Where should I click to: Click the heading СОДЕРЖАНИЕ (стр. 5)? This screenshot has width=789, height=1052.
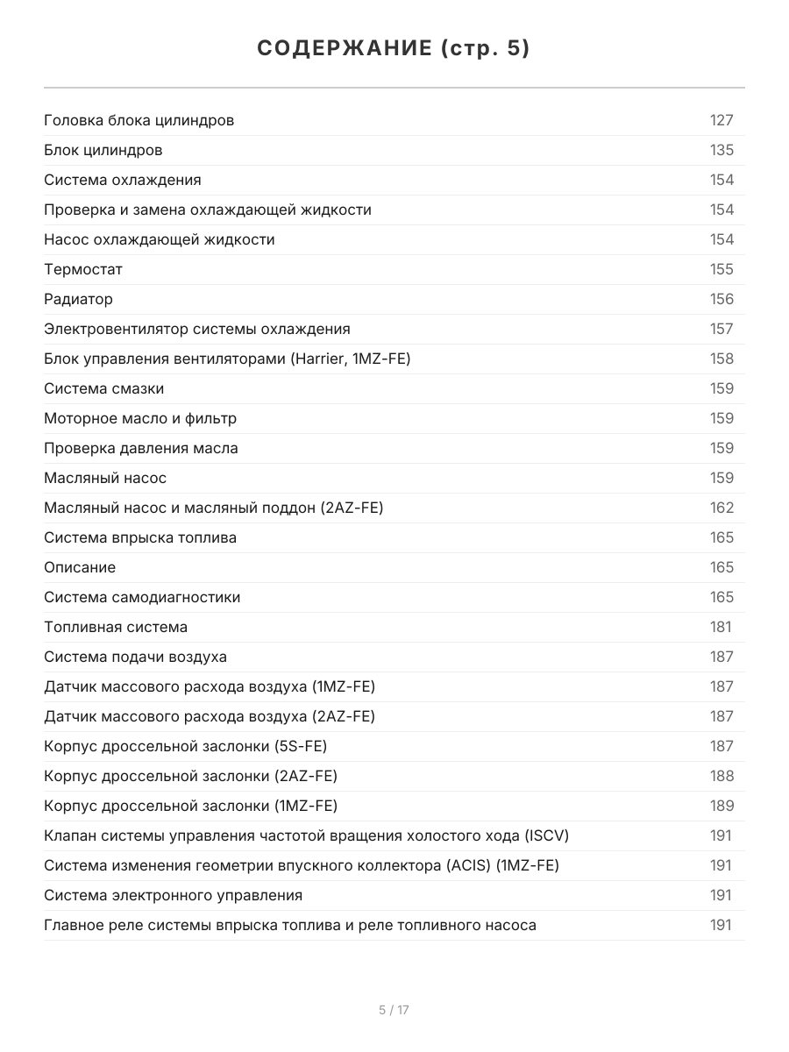point(394,49)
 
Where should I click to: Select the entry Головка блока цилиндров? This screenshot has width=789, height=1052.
point(139,120)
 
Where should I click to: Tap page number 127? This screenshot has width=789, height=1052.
point(721,120)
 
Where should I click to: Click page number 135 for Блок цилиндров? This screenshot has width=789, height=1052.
point(721,150)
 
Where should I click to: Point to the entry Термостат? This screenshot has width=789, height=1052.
point(83,269)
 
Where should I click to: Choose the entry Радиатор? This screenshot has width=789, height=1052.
point(78,299)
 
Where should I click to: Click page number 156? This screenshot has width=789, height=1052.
point(721,299)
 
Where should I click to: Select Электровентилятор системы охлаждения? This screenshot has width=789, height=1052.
point(196,329)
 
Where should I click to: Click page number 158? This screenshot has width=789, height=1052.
point(721,359)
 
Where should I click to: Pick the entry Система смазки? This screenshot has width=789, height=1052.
point(103,388)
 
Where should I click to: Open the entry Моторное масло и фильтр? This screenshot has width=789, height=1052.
point(140,418)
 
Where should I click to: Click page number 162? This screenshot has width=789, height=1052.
point(721,508)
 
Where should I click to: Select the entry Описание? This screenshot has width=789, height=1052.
point(80,567)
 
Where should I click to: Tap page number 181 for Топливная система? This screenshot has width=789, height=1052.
point(721,627)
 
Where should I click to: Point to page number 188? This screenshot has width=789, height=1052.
point(721,776)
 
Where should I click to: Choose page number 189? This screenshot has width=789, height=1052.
point(721,806)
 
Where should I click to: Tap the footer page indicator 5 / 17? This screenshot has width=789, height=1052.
point(394,1010)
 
